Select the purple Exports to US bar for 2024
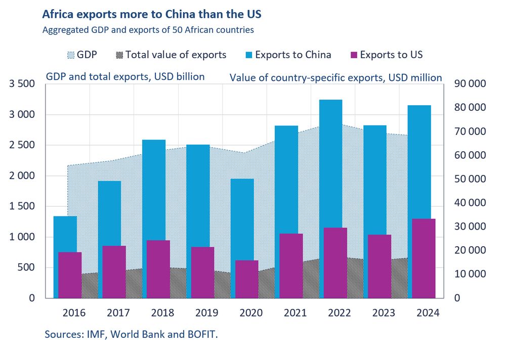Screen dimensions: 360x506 click(424, 258)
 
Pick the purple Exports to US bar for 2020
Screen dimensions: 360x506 click(247, 279)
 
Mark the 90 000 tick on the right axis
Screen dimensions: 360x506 click(470, 84)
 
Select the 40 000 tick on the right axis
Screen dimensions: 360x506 click(470, 203)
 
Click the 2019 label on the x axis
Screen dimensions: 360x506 click(206, 312)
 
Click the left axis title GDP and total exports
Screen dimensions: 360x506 click(125, 77)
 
